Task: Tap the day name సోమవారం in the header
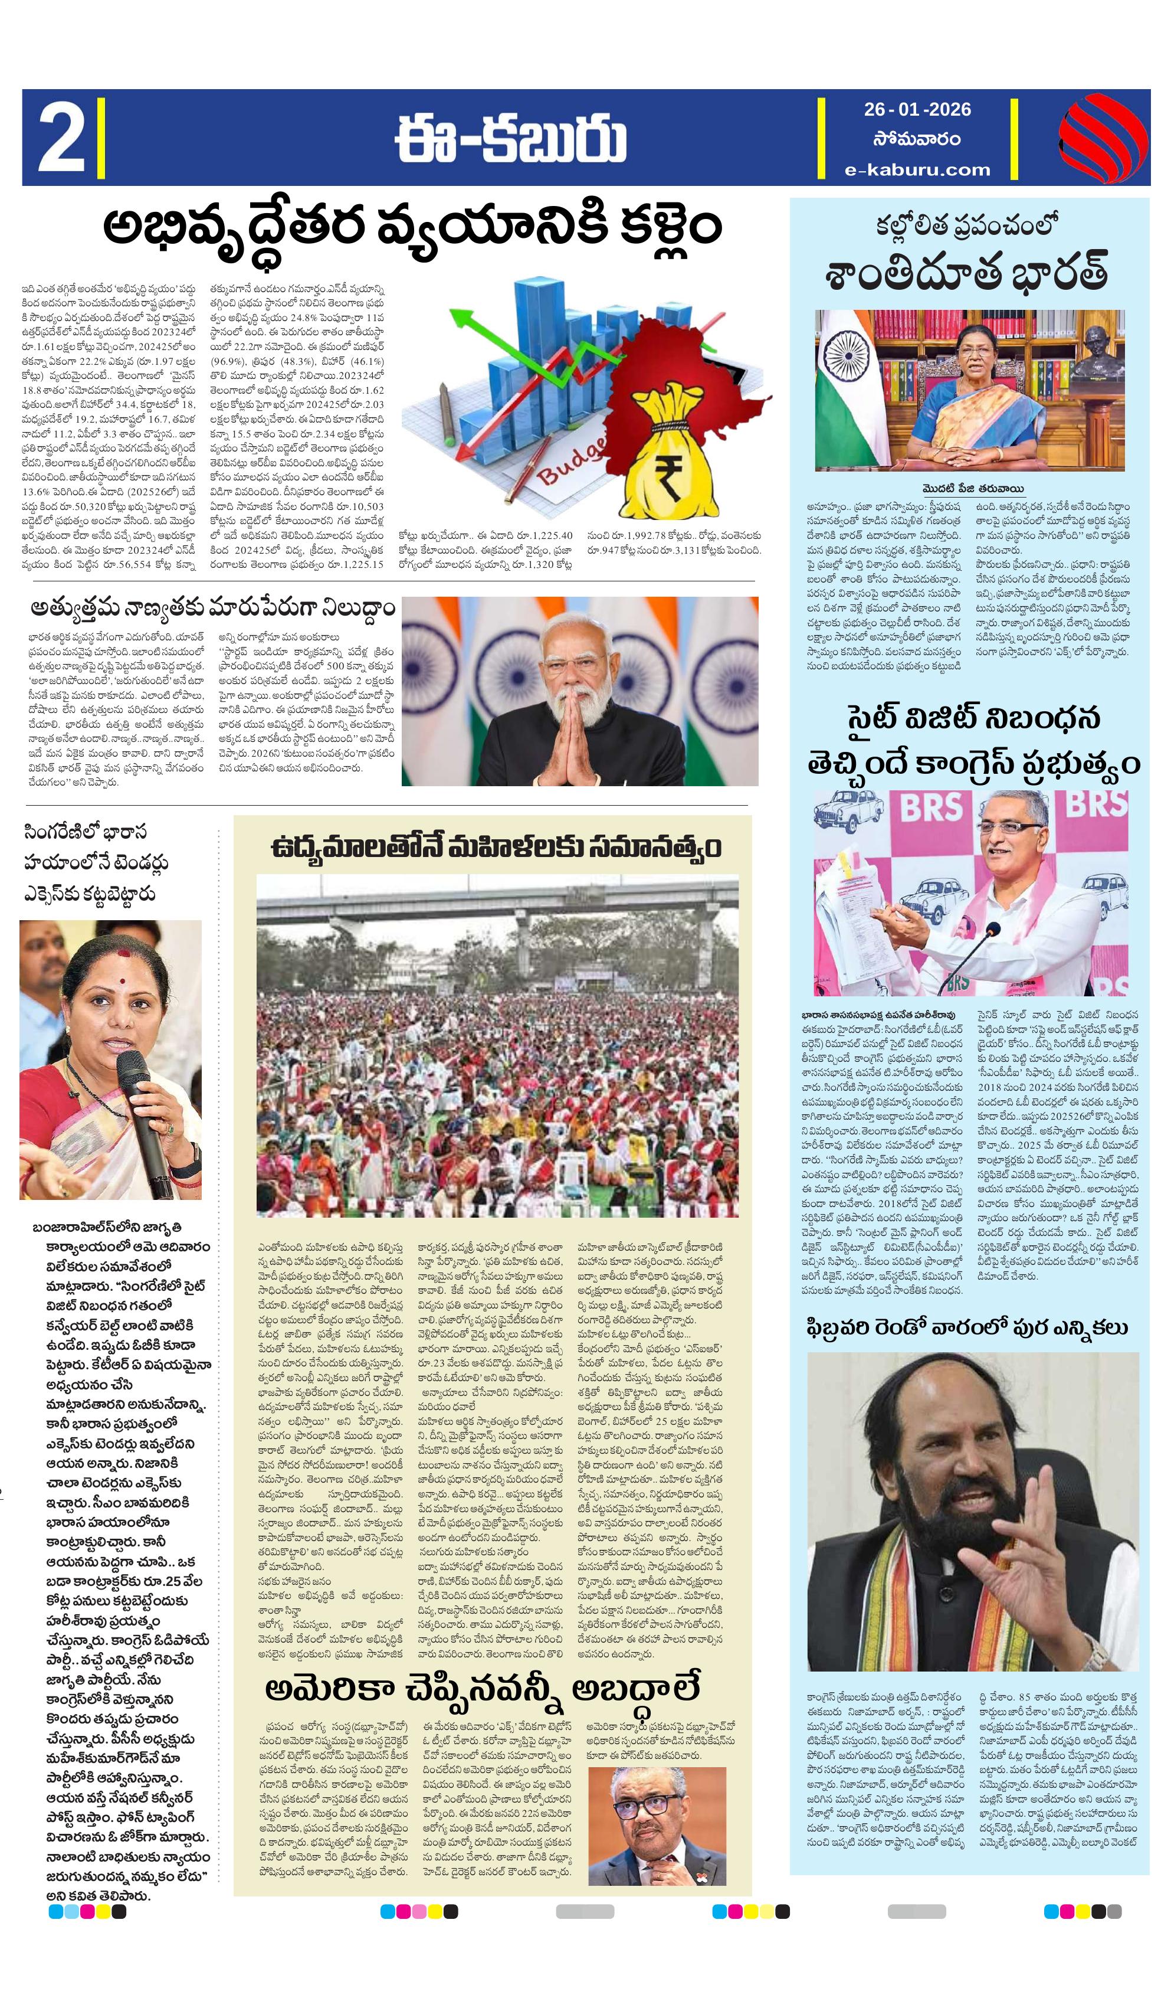[916, 139]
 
